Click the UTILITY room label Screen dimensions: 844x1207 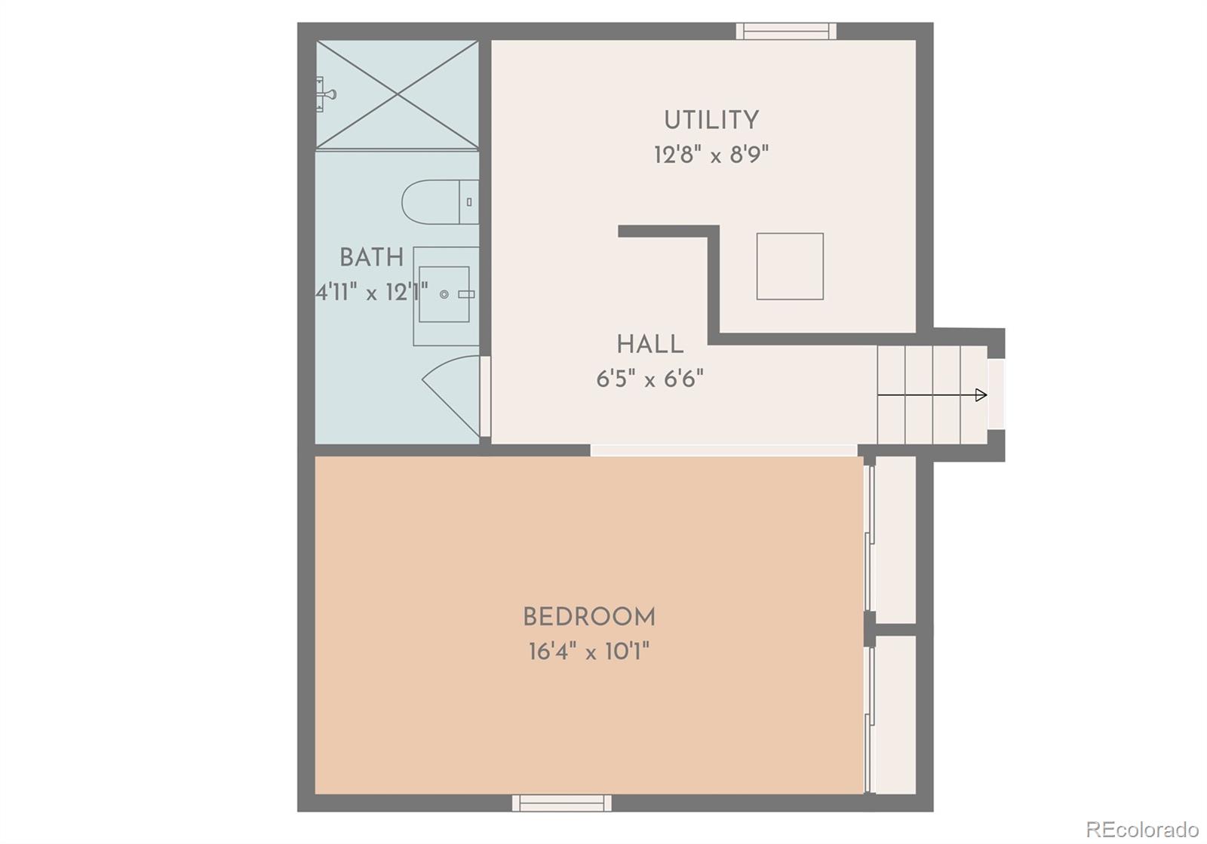tap(711, 121)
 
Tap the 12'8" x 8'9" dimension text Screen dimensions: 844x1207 tap(711, 155)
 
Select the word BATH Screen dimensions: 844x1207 tap(371, 258)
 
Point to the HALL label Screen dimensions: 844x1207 tap(650, 345)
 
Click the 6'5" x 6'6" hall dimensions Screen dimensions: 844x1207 tap(650, 379)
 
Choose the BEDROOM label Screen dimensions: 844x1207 tap(589, 618)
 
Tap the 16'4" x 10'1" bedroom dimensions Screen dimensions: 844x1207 tap(589, 652)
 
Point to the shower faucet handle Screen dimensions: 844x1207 tap(327, 94)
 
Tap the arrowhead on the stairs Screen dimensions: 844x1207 tap(981, 394)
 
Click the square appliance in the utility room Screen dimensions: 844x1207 tap(790, 266)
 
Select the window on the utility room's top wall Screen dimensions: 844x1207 tap(786, 31)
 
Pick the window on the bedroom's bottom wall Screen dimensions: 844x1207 tap(561, 803)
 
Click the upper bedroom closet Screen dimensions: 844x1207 tap(894, 539)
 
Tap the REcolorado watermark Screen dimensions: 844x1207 tap(1142, 828)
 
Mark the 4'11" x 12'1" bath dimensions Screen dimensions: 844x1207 tap(371, 293)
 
